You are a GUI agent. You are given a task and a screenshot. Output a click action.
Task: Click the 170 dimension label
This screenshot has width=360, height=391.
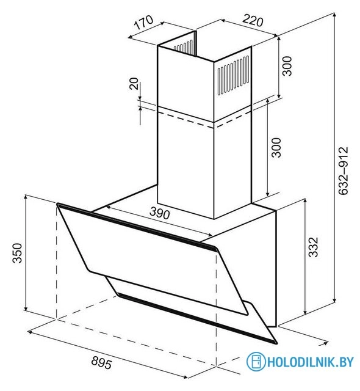tap(143, 22)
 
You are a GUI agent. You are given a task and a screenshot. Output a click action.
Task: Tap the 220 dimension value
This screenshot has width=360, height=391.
tap(253, 20)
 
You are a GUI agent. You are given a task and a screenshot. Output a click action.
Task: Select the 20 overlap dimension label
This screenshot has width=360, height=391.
tap(134, 84)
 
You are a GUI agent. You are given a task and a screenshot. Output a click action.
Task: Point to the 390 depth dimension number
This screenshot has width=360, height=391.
tap(160, 213)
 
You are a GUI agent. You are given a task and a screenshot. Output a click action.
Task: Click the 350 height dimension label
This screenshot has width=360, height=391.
tap(18, 253)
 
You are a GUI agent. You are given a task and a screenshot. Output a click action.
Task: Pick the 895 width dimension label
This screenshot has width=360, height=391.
tap(101, 362)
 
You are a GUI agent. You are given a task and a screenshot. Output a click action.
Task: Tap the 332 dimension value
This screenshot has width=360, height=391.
tap(313, 247)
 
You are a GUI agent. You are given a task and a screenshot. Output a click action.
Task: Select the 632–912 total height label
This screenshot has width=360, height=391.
tap(344, 171)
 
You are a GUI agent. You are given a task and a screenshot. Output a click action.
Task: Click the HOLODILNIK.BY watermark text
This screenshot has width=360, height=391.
tap(310, 362)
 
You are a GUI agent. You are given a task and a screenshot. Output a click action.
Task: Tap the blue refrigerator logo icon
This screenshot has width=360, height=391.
tap(256, 361)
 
